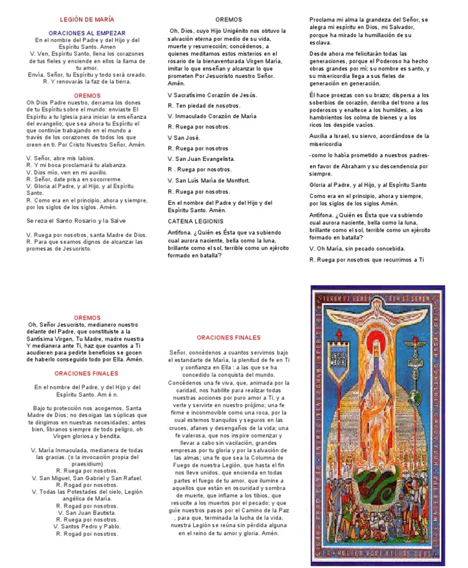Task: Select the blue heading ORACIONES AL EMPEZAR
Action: point(87,33)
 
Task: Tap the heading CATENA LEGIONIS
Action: point(196,221)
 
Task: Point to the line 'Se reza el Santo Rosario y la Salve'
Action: point(76,221)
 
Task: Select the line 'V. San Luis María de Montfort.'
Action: point(208,180)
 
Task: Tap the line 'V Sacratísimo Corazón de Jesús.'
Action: point(212,94)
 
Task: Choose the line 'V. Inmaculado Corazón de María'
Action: point(211,116)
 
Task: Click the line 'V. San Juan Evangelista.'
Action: point(201,158)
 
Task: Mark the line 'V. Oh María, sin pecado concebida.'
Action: point(357,249)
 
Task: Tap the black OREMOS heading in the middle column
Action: point(229,20)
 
